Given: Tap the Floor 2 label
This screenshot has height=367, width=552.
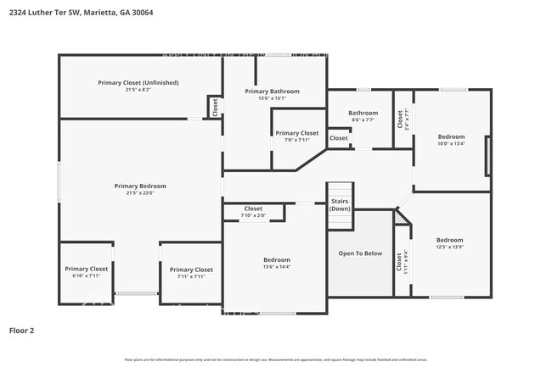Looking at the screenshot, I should (x=21, y=330).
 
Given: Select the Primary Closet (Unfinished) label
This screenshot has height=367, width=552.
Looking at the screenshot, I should (x=138, y=82).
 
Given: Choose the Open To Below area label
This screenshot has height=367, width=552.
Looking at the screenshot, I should (x=360, y=253).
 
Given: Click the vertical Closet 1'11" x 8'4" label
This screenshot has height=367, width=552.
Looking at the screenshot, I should (x=400, y=262).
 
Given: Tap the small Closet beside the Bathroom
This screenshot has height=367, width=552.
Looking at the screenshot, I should (x=339, y=138).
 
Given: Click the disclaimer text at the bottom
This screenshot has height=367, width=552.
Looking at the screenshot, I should (x=276, y=359).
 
